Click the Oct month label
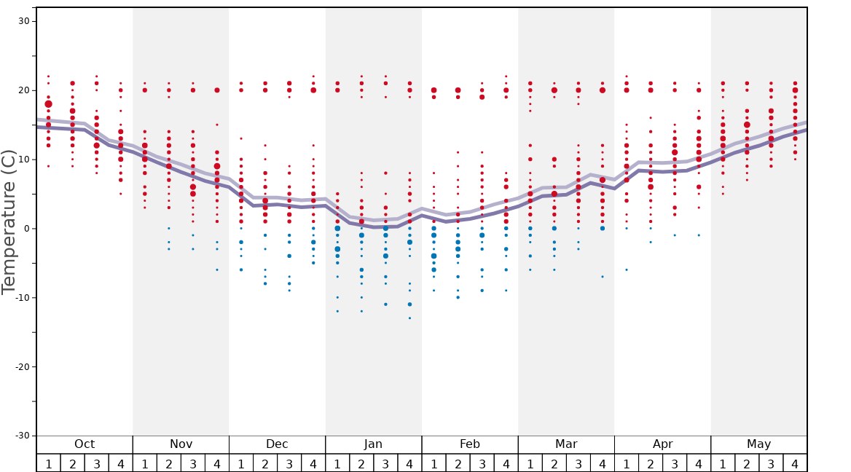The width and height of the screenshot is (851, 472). click(x=85, y=444)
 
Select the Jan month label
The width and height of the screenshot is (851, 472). click(x=373, y=444)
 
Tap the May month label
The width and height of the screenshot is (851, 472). click(x=758, y=444)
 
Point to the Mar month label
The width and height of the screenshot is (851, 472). click(x=566, y=444)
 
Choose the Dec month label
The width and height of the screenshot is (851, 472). click(x=277, y=444)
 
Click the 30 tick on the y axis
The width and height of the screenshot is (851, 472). click(x=24, y=21)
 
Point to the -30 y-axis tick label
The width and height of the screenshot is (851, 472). click(x=22, y=436)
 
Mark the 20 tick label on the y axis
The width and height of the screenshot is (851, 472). click(x=24, y=90)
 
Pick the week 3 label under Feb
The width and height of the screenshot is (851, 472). click(x=482, y=463)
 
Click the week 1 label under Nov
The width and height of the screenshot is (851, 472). click(x=145, y=463)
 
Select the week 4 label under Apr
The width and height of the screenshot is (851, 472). click(x=699, y=463)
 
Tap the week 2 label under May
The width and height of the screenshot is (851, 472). click(x=747, y=463)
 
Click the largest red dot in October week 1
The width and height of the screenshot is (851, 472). click(x=49, y=104)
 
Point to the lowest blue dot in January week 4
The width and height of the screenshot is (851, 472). click(x=409, y=318)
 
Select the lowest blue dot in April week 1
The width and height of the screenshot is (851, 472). click(x=627, y=270)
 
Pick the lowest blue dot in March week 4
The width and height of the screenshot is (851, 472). click(x=603, y=277)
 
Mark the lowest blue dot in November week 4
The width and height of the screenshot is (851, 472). click(x=217, y=270)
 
